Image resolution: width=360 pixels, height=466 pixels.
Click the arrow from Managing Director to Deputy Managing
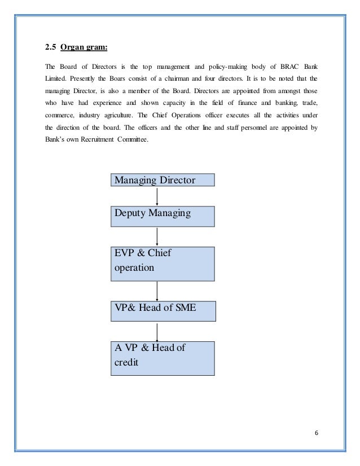click(x=157, y=196)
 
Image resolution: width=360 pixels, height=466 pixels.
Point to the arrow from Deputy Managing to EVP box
click(x=157, y=236)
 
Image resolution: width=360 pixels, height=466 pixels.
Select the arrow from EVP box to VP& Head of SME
click(x=157, y=291)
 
